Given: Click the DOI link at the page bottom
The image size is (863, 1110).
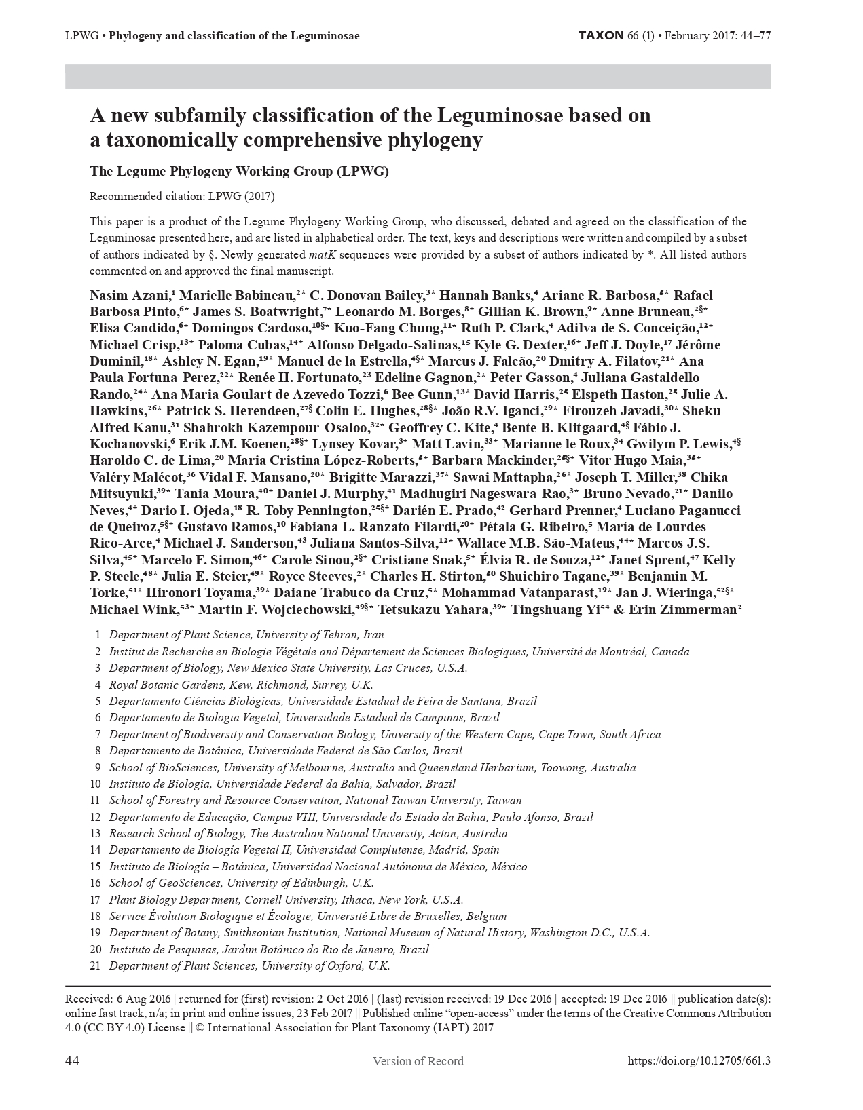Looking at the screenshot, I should click(699, 1061).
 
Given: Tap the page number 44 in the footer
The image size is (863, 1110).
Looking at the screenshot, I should click(72, 1061).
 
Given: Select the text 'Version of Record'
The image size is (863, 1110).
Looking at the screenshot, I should click(418, 1061).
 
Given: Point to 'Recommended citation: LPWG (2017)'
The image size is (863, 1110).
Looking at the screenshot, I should click(182, 197).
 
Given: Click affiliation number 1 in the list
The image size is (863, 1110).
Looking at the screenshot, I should click(98, 635).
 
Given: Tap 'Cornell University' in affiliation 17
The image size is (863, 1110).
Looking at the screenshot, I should click(288, 900).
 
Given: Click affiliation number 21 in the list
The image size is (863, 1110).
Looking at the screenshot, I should click(96, 966).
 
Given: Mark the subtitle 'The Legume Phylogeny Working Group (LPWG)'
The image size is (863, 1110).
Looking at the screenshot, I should click(239, 172).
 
